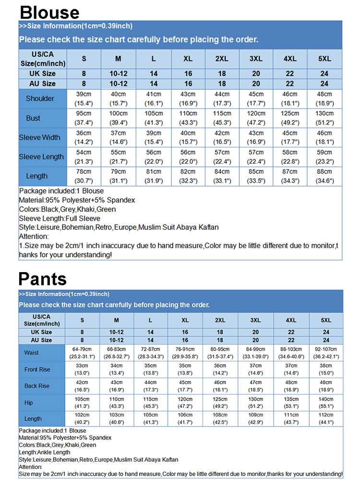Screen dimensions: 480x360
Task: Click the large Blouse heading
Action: tap(49, 12)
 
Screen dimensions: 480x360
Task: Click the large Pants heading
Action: tap(43, 279)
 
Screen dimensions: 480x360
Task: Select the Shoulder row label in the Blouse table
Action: tap(40, 98)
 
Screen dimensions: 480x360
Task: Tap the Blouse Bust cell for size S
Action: tap(84, 118)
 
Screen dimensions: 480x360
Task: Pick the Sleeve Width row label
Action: tap(40, 137)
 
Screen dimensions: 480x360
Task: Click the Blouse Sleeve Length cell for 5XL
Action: tap(324, 156)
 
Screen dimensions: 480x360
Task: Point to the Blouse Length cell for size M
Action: tap(118, 176)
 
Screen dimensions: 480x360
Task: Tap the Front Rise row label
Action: tap(37, 370)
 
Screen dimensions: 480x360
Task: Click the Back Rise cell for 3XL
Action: tap(256, 386)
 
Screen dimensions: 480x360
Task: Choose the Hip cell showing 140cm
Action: tap(326, 403)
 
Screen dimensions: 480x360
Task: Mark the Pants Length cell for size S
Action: tap(82, 419)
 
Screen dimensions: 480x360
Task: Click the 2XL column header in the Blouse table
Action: tap(221, 59)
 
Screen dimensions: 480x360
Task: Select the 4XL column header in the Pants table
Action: tap(291, 320)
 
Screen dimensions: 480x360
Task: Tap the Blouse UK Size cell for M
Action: tap(118, 73)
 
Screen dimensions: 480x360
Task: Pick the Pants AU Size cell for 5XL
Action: tap(326, 340)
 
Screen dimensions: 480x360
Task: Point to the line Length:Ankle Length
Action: tap(45, 452)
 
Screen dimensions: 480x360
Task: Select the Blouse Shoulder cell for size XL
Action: tap(188, 98)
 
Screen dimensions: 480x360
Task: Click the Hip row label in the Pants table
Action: tap(29, 403)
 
